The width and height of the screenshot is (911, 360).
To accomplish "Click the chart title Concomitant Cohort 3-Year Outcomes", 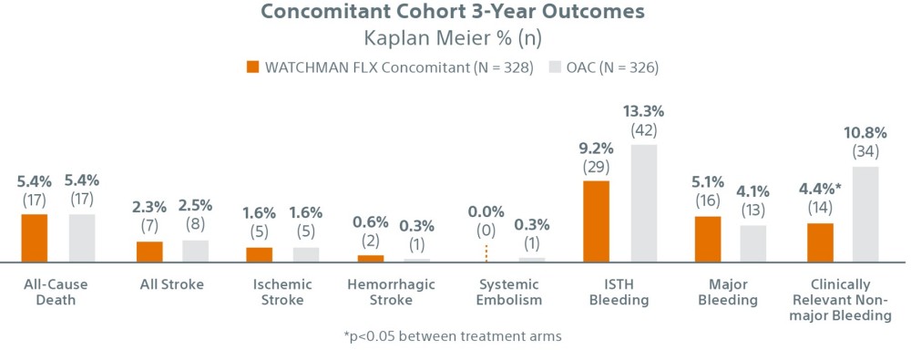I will pyautogui.click(x=455, y=14).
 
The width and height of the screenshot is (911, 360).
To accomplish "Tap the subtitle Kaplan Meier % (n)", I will pyautogui.click(x=455, y=40).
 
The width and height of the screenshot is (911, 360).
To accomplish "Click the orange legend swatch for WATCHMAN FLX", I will pyautogui.click(x=252, y=67).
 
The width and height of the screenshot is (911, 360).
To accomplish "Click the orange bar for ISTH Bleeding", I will pyautogui.click(x=596, y=221).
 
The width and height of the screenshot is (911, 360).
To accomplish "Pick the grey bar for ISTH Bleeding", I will pyautogui.click(x=644, y=203).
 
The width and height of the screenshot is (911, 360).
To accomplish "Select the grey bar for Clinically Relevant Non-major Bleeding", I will pyautogui.click(x=865, y=214).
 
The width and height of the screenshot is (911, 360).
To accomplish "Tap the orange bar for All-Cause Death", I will pyautogui.click(x=34, y=238).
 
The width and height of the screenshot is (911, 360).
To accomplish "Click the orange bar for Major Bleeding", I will pyautogui.click(x=708, y=239).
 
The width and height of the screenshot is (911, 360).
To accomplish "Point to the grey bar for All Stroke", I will pyautogui.click(x=195, y=251).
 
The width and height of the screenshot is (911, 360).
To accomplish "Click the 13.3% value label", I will pyautogui.click(x=644, y=111).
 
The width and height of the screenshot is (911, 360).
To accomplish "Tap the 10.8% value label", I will pyautogui.click(x=865, y=133).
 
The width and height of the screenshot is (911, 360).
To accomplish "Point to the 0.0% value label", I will pyautogui.click(x=486, y=211).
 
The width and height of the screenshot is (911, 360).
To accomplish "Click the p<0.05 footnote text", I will pyautogui.click(x=453, y=335).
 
